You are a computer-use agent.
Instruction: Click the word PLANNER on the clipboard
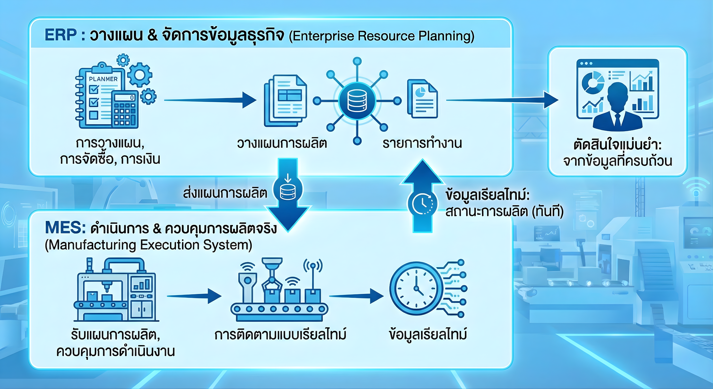[x=103, y=79]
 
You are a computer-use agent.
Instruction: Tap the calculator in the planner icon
[x=125, y=109]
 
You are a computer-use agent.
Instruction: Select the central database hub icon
[x=357, y=101]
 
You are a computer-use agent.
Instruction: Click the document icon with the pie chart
[x=422, y=99]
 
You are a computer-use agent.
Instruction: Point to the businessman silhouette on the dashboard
[x=618, y=108]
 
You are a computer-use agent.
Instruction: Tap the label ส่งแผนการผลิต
[x=225, y=193]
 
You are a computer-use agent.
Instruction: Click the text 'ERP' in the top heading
[x=61, y=35]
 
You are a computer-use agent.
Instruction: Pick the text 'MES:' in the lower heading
[x=65, y=228]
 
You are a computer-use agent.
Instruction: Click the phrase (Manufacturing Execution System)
[x=148, y=245]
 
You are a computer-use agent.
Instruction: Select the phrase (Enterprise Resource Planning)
[x=381, y=36]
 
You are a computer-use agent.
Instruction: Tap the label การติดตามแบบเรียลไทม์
[x=280, y=334]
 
